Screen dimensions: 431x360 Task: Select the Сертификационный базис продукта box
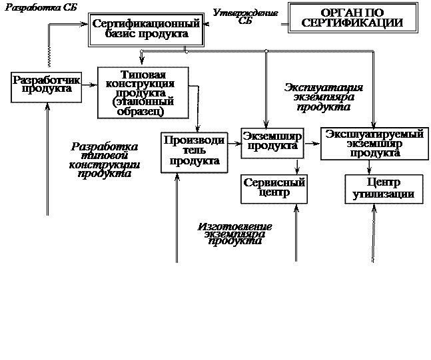[x=146, y=29]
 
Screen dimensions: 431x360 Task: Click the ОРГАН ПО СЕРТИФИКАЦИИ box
[x=352, y=18]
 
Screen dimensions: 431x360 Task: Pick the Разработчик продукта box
[x=47, y=85]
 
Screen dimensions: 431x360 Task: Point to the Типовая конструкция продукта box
[x=143, y=92]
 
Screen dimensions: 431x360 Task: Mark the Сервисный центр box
[x=274, y=188]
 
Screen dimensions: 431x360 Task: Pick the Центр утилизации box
[x=384, y=188]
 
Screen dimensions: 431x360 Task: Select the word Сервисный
[x=274, y=182]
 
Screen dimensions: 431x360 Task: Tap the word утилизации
[x=384, y=194]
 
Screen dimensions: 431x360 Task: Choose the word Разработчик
[x=47, y=80]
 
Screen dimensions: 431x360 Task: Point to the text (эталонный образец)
[x=143, y=107]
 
